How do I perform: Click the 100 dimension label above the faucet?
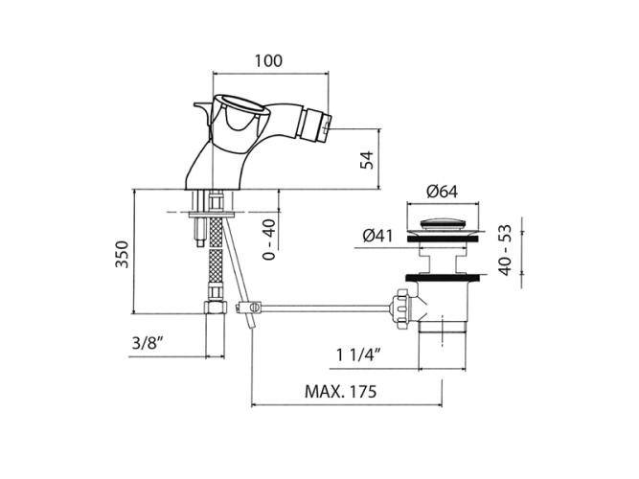point(268,60)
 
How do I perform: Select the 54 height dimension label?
point(367,160)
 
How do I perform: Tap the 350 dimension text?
point(122,255)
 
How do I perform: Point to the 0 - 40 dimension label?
point(269,239)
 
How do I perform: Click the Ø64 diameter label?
point(443,192)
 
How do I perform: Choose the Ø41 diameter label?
point(377,236)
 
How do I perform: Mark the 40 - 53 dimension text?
point(505,250)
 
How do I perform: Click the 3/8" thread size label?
point(148,343)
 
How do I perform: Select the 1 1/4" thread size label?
point(358,355)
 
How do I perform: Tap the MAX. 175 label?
point(341,392)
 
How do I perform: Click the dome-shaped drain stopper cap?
point(443,223)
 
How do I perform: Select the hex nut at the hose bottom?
point(216,307)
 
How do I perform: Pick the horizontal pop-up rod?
point(325,308)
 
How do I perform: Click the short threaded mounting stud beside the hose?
point(199,232)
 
